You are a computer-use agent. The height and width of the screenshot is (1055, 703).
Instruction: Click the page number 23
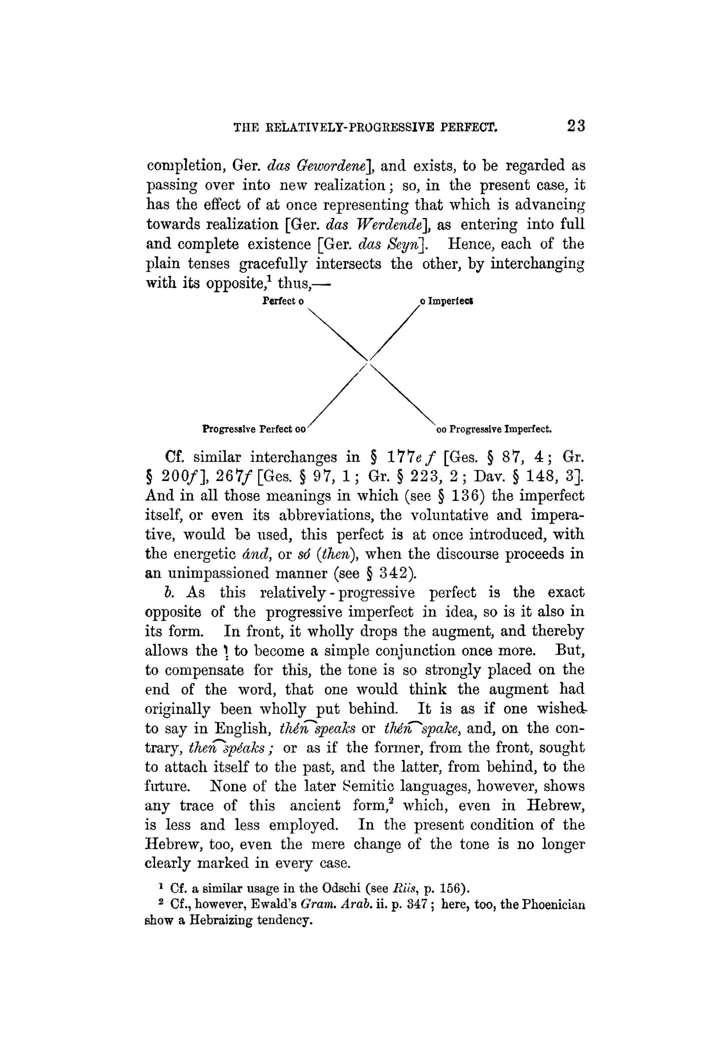pos(576,126)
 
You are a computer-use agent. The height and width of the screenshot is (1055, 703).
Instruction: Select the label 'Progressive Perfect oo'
pos(254,429)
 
